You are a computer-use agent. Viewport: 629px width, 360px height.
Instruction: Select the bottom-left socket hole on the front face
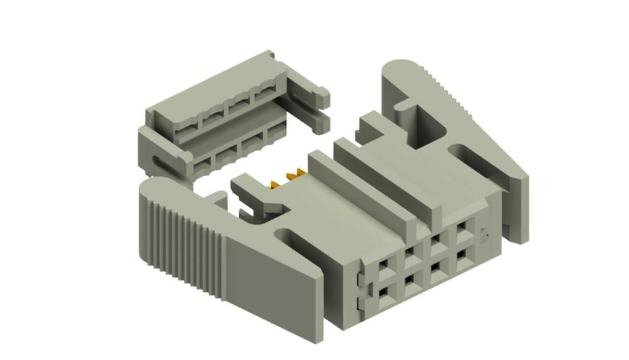382,291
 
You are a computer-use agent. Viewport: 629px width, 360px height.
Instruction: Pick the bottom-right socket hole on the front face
461,254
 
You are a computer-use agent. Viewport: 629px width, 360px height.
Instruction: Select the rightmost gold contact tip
298,171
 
